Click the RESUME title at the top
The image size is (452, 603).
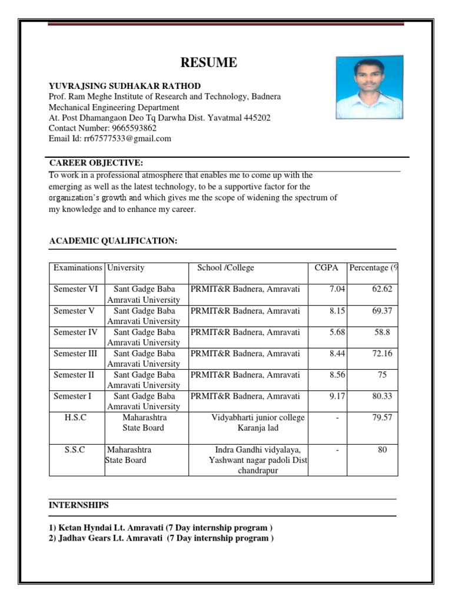[209, 63]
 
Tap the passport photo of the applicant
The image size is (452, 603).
[370, 88]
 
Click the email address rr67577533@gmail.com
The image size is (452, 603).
[138, 138]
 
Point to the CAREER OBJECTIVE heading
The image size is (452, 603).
[96, 163]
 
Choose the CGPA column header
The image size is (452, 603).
[327, 268]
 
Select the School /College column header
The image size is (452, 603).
[225, 268]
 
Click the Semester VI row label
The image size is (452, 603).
[76, 289]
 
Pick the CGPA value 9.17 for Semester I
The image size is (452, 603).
[337, 396]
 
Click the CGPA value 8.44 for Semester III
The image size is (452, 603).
[337, 353]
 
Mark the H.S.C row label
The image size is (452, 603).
[75, 418]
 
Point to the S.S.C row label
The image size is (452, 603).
[75, 450]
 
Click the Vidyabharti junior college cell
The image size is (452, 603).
[258, 423]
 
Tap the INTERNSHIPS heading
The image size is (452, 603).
[78, 505]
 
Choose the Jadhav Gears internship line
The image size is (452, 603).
[161, 538]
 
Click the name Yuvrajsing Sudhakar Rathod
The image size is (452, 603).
[125, 86]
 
